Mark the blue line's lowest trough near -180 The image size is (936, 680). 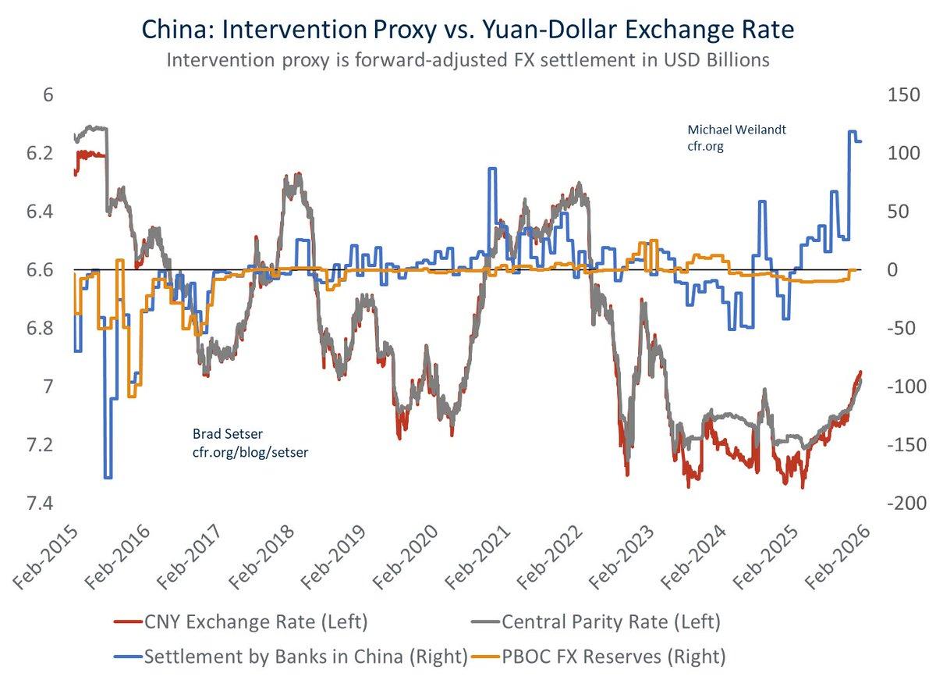[x=108, y=477]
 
